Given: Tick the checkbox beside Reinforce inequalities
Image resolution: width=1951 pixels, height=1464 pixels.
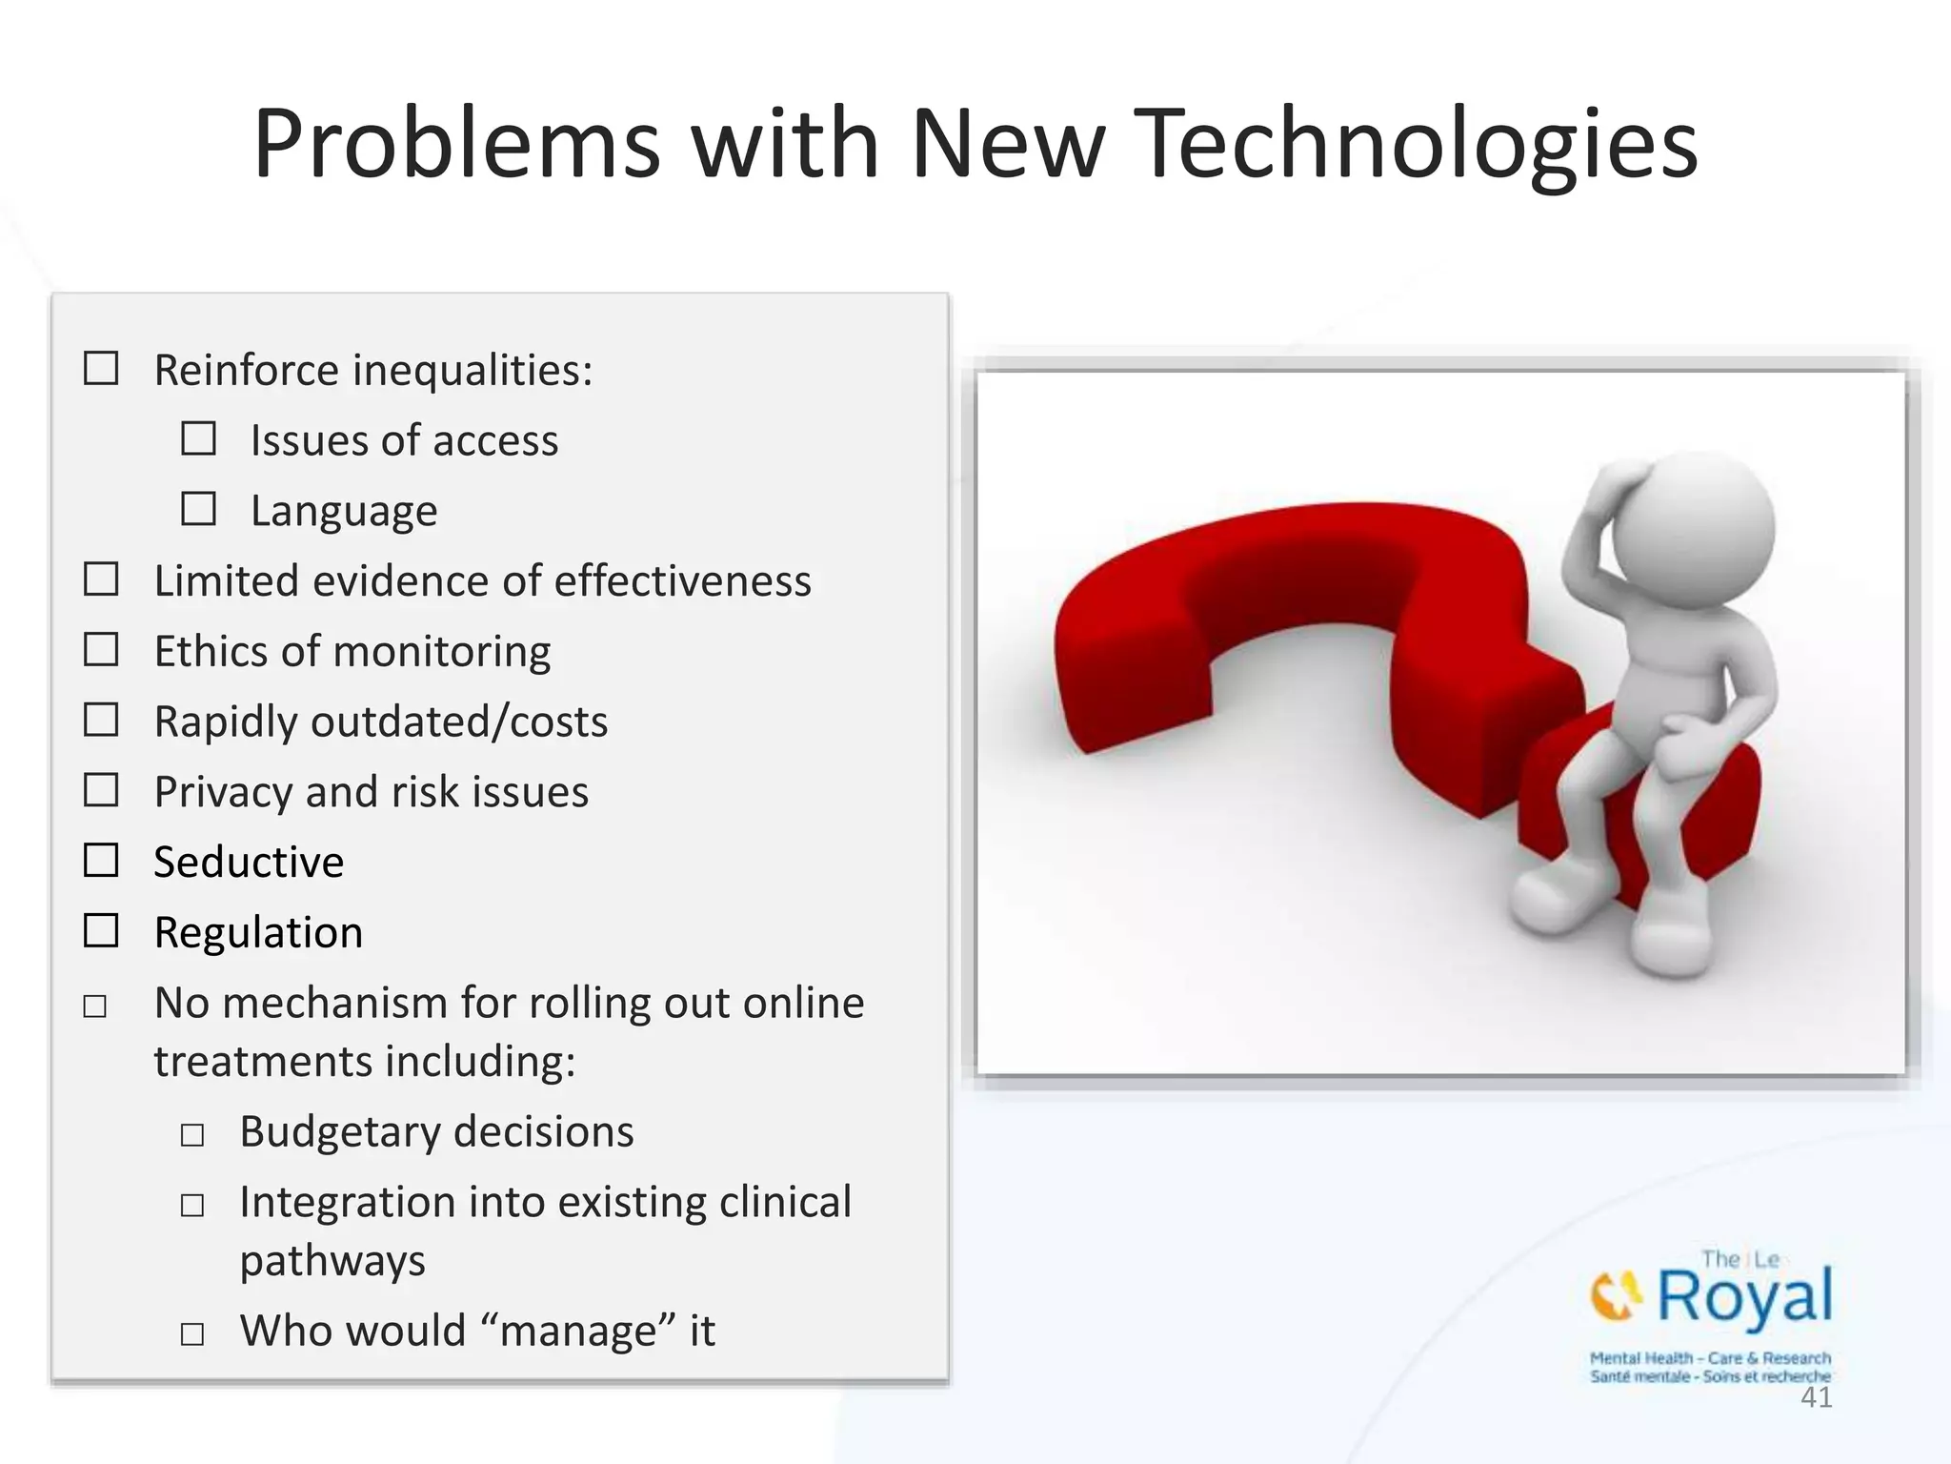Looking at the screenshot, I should (x=101, y=368).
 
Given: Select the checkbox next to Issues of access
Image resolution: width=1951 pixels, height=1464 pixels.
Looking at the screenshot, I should (x=198, y=438).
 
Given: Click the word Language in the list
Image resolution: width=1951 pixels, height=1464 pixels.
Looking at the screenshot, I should (x=344, y=512).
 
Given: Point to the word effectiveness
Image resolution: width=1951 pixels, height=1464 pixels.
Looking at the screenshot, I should (x=682, y=581).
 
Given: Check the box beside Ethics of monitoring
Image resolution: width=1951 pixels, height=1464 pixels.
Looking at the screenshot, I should (x=101, y=650).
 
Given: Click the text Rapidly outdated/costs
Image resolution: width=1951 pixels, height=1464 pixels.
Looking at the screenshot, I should (x=381, y=722).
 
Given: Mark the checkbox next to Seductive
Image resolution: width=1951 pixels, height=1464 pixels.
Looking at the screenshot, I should (x=101, y=861).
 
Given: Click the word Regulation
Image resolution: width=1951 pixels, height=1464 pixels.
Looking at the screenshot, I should (x=258, y=932).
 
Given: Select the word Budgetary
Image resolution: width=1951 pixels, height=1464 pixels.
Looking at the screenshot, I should (x=339, y=1132).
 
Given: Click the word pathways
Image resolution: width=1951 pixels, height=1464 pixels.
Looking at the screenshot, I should (x=332, y=1261).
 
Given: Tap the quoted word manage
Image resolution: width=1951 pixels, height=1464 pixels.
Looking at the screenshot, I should (x=578, y=1331).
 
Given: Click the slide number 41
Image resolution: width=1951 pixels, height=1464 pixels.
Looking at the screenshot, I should (x=1816, y=1398).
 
